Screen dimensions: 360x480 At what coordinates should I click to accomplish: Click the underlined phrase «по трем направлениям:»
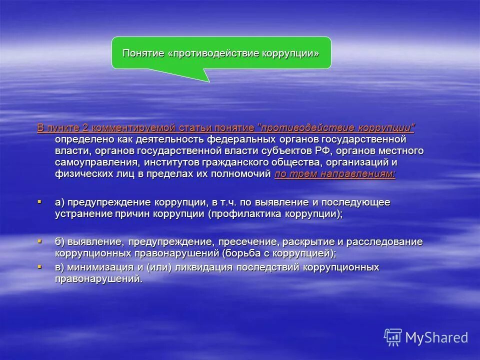click(335, 174)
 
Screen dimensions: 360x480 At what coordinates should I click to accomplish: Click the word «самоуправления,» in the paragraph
click(97, 162)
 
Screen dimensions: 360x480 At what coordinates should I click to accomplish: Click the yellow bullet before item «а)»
click(39, 201)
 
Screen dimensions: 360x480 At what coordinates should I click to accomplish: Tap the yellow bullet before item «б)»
click(39, 241)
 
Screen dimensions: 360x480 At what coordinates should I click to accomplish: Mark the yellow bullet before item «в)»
click(39, 267)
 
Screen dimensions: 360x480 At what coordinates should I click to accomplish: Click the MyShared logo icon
click(393, 337)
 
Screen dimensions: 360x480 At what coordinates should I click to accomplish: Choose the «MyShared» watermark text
click(436, 337)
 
